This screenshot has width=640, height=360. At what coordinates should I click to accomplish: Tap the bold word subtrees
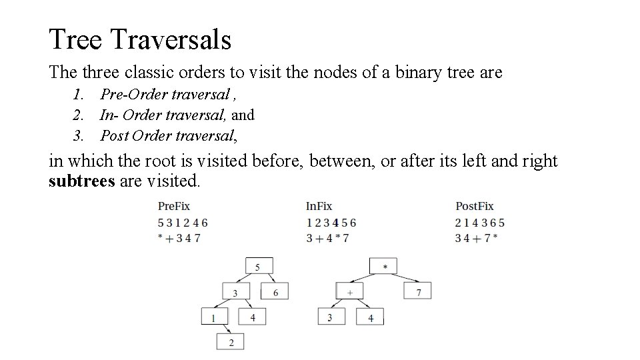tap(81, 181)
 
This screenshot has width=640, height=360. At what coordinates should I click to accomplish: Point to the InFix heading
tap(319, 207)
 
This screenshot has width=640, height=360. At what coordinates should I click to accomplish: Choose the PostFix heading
tap(475, 207)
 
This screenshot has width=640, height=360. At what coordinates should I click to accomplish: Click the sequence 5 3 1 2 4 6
tap(183, 222)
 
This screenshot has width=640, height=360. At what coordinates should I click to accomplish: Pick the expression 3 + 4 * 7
tap(327, 237)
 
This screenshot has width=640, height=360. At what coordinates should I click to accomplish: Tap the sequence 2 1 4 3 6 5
tap(480, 222)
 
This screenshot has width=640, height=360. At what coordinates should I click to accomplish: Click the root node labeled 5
tap(258, 267)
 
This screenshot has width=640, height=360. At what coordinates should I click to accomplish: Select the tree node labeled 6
tap(275, 291)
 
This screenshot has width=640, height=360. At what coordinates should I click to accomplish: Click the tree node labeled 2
tap(231, 342)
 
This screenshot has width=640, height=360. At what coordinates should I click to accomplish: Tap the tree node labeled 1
tap(214, 317)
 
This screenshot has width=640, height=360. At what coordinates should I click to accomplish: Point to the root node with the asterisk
tap(385, 266)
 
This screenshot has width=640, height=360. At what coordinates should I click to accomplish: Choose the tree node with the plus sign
tap(349, 291)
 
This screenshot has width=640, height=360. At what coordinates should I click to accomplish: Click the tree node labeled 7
tap(418, 291)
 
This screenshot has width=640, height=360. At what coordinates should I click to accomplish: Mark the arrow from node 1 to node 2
tap(225, 329)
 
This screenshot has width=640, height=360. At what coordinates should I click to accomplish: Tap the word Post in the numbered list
tap(114, 136)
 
